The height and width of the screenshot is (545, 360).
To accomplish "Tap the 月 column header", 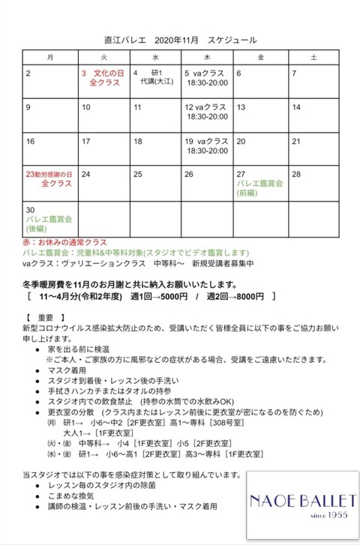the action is [x=49, y=57].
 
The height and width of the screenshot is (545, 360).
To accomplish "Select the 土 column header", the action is [x=313, y=57].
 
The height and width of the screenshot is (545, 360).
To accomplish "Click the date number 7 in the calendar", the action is [x=295, y=73].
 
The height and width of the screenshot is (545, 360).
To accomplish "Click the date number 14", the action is [x=296, y=107].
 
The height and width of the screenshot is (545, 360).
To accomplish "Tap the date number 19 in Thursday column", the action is [x=189, y=141].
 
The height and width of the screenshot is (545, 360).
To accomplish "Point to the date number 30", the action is [x=31, y=209].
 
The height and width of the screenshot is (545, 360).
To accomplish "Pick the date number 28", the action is [x=296, y=174].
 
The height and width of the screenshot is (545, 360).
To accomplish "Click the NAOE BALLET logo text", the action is [x=298, y=499].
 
